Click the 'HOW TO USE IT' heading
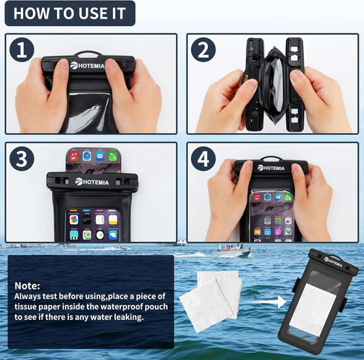68,13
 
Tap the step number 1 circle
22,50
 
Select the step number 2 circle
203,50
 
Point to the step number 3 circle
22,159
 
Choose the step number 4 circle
203,159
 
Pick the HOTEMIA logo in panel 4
270,168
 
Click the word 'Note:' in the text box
27,284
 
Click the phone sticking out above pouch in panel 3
92,159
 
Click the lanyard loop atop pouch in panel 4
271,158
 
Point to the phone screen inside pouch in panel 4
271,215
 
